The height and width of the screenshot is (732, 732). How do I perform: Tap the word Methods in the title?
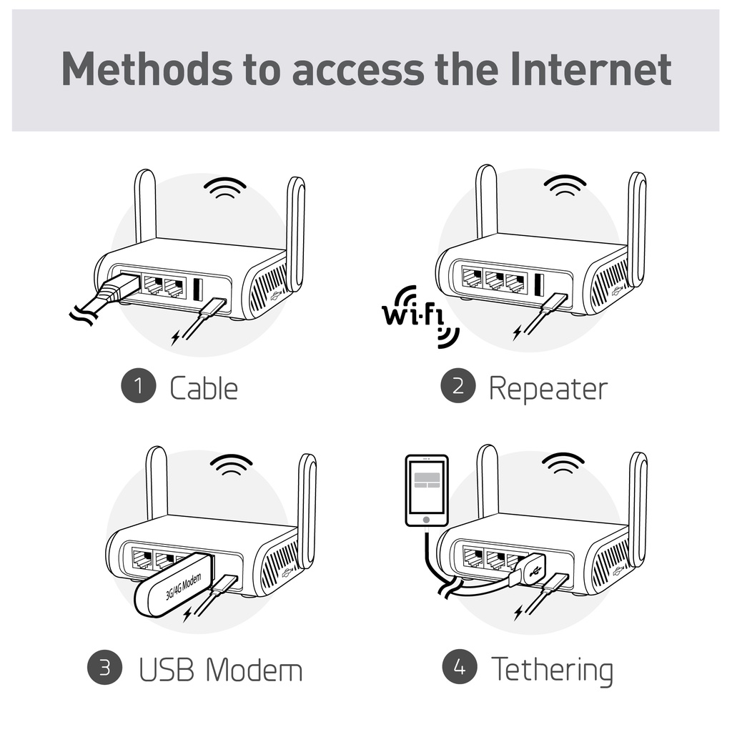point(147,69)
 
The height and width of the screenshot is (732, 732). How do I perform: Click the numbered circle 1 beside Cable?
point(139,387)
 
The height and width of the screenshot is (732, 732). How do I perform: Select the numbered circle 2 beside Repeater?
point(458,386)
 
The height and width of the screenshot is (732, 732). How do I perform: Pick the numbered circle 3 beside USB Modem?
point(105,668)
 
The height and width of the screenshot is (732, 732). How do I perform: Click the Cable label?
point(204,388)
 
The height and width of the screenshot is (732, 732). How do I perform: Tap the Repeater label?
point(548,388)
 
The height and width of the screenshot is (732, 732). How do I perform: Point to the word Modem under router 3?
point(254,670)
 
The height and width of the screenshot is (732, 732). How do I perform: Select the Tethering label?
point(552,670)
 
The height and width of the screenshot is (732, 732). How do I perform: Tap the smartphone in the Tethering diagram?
point(426,490)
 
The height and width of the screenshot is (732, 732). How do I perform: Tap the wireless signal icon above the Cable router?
point(224,187)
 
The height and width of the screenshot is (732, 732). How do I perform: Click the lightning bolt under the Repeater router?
point(518,332)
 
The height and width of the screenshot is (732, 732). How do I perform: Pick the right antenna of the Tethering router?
point(637,508)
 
